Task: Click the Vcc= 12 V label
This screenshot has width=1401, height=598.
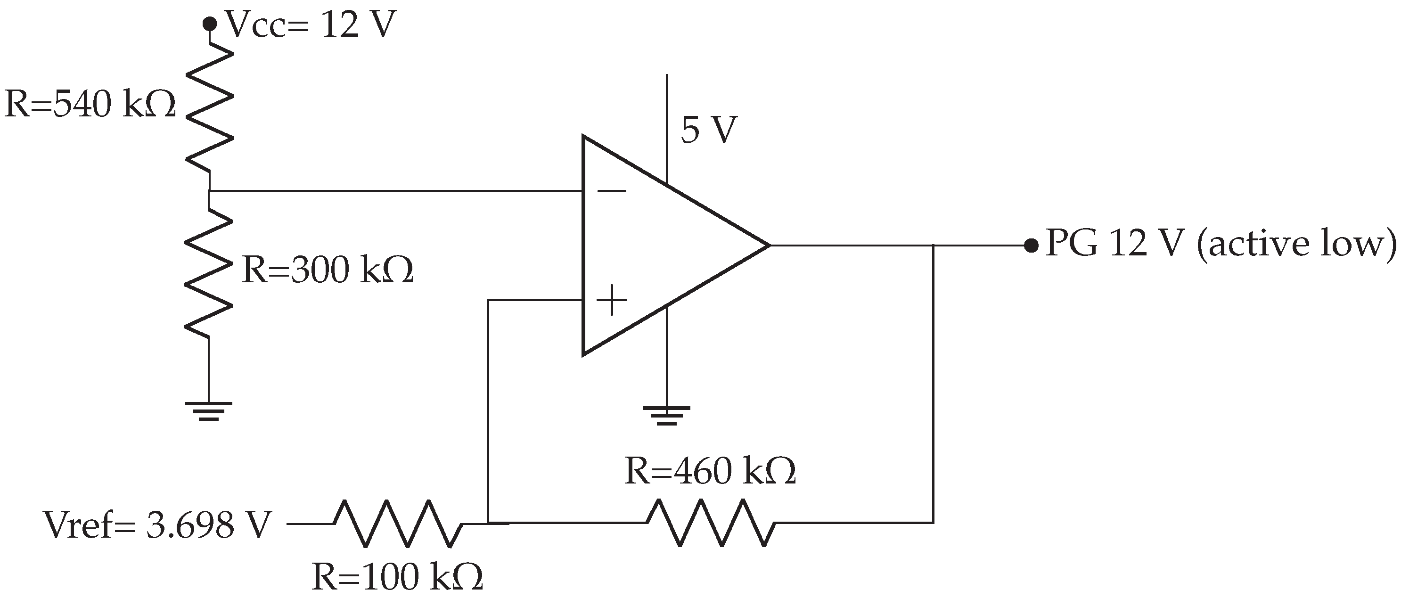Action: point(310,25)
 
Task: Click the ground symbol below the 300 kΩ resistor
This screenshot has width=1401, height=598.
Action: point(209,411)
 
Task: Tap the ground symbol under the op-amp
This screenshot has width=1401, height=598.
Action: point(667,415)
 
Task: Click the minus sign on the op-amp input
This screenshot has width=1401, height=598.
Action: point(612,191)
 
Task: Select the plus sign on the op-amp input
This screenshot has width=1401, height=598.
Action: point(612,300)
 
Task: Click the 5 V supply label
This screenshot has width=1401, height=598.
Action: point(709,131)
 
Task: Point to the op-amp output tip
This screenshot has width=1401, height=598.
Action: point(768,246)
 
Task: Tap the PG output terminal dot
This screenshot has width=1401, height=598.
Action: point(1031,246)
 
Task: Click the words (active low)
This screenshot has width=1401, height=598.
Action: point(1295,244)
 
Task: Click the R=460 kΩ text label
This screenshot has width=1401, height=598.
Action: point(710,471)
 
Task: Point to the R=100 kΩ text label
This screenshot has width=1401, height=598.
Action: point(397,577)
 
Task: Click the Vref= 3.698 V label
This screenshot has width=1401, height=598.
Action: point(157,525)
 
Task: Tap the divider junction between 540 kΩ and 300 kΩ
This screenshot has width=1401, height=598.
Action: point(209,191)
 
